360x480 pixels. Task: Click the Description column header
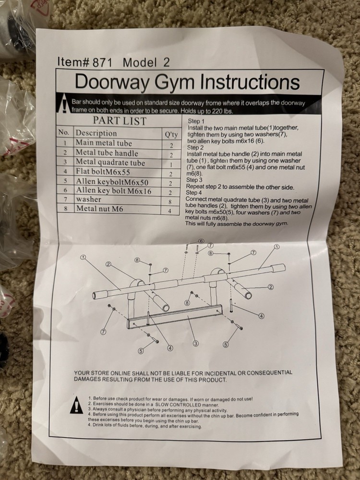tap(96, 133)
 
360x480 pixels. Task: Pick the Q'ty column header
tap(171, 134)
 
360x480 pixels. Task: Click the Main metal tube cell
tap(103, 143)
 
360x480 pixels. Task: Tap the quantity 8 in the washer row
tap(170, 202)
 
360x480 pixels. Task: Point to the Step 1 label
tap(196, 121)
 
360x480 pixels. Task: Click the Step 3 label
tap(195, 180)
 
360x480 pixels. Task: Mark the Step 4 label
tap(195, 192)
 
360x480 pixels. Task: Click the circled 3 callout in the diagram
tap(196, 343)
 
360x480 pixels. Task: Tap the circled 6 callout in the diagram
tap(201, 241)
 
